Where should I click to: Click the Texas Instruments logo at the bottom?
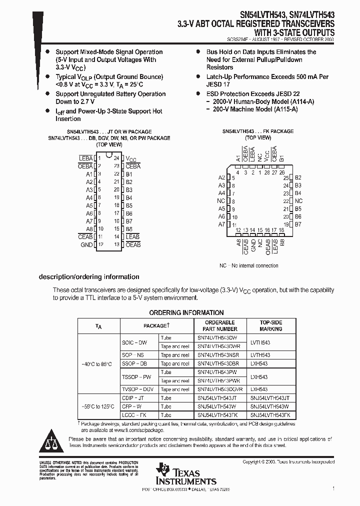[185, 473]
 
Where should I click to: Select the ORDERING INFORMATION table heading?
[186, 312]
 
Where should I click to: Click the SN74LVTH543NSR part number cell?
[218, 355]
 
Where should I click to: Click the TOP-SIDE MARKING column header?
[270, 325]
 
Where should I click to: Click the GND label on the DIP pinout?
[86, 245]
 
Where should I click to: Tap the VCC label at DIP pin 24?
[130, 158]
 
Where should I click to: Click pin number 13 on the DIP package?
[117, 245]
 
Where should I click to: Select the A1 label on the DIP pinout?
[89, 174]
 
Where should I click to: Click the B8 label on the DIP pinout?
[129, 229]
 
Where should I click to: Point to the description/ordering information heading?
[89, 277]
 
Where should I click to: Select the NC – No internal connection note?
[249, 265]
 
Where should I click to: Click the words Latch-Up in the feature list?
[218, 77]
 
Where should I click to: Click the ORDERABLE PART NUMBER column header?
[219, 325]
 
